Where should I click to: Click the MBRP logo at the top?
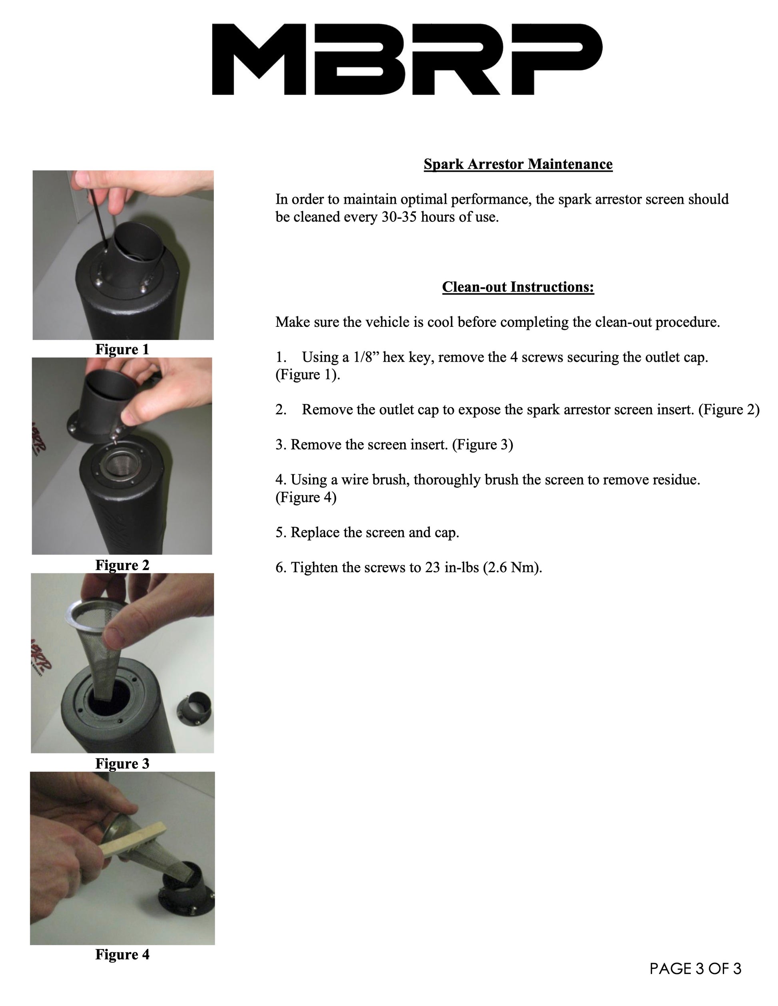(407, 60)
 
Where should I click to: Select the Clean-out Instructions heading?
(518, 287)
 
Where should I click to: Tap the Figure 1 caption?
(122, 349)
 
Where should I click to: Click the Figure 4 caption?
(122, 954)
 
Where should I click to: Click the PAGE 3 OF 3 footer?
(696, 969)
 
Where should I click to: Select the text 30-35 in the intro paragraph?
(399, 217)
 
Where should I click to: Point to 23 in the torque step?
(433, 567)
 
